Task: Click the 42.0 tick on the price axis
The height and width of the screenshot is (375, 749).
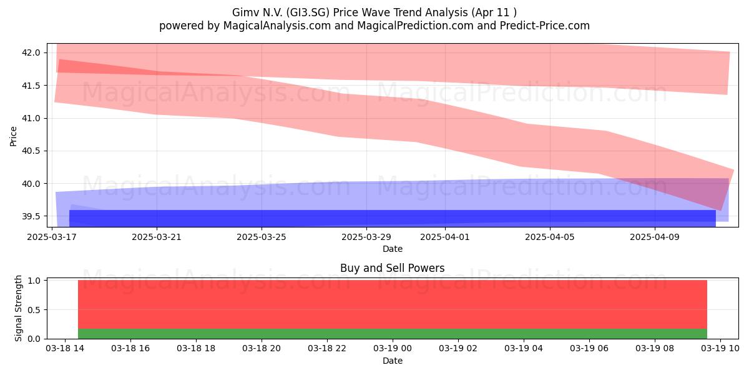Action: pyautogui.click(x=31, y=52)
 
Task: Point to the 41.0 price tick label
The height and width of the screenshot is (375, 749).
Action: pyautogui.click(x=31, y=118)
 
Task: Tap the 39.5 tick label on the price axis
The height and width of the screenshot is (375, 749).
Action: pyautogui.click(x=31, y=216)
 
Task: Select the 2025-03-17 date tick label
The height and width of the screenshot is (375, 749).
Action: pyautogui.click(x=52, y=237)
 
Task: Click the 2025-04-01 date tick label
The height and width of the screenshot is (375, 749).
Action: pyautogui.click(x=444, y=237)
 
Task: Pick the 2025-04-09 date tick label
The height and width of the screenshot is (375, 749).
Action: pyautogui.click(x=655, y=237)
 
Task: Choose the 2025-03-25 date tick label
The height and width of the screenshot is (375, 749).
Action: pyautogui.click(x=262, y=237)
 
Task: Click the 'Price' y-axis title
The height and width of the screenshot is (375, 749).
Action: pyautogui.click(x=13, y=136)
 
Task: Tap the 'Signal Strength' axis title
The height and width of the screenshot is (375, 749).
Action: pyautogui.click(x=18, y=308)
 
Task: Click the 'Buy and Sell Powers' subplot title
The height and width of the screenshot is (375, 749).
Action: pyautogui.click(x=392, y=268)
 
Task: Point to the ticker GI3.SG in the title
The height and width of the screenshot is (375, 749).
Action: pyautogui.click(x=308, y=12)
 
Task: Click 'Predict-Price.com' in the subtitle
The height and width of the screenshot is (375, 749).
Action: pyautogui.click(x=545, y=26)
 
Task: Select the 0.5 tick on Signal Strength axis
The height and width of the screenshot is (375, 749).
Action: pyautogui.click(x=34, y=310)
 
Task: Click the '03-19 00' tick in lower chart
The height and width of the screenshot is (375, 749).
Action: pyautogui.click(x=393, y=349)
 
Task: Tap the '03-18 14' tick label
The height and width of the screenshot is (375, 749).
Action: pyautogui.click(x=65, y=349)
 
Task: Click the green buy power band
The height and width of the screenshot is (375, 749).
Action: pyautogui.click(x=393, y=334)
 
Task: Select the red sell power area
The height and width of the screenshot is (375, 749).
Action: pyautogui.click(x=393, y=304)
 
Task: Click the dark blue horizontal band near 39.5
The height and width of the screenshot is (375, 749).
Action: pyautogui.click(x=393, y=218)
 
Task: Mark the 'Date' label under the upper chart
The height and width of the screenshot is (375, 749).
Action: pyautogui.click(x=393, y=249)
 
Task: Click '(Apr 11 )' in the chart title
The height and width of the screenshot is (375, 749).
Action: pyautogui.click(x=494, y=12)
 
